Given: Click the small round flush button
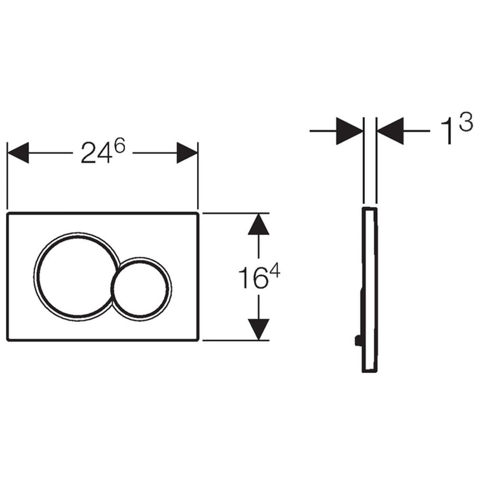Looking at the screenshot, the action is tap(141, 288).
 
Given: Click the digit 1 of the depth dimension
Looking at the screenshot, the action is tap(447, 131).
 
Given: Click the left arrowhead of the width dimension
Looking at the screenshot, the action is tap(18, 153).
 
